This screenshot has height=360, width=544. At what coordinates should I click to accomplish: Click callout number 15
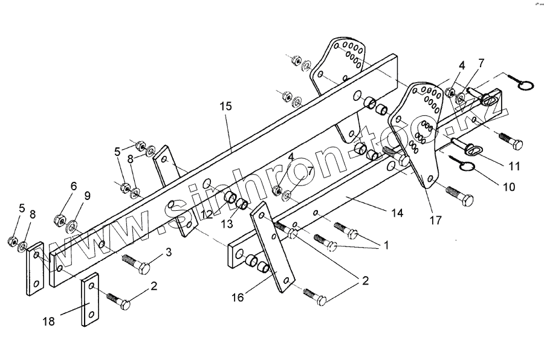point(225,107)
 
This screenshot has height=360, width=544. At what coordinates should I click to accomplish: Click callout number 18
point(49,321)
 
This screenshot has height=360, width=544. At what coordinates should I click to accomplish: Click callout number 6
point(73,187)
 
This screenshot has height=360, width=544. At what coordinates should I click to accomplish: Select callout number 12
point(207,214)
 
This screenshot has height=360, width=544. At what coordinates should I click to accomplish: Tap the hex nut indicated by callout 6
point(60,218)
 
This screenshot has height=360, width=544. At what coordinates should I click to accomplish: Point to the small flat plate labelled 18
point(91,300)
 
